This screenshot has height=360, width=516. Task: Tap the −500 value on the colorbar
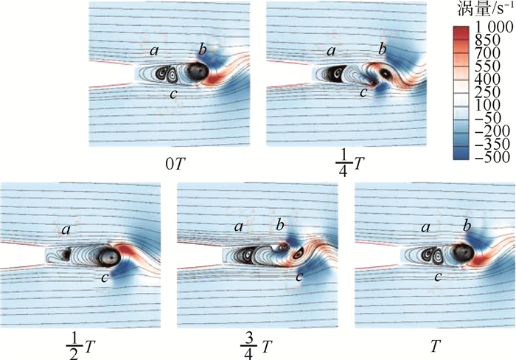[x=492, y=157]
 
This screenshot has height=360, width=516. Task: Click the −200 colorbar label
[x=492, y=131]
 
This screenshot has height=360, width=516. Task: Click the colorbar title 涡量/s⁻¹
[x=485, y=10]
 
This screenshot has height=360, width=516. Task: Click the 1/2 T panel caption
[x=80, y=346]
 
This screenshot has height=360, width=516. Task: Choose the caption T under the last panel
[x=435, y=346]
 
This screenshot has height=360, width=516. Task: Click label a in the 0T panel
[x=154, y=51]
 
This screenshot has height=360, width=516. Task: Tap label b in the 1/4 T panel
[x=382, y=49]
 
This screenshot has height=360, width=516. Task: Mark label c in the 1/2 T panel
[x=105, y=278]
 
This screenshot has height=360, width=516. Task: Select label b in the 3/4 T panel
[x=280, y=225]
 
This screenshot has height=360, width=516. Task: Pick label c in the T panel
[x=437, y=277]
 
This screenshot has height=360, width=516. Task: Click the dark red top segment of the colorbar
[x=461, y=31]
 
